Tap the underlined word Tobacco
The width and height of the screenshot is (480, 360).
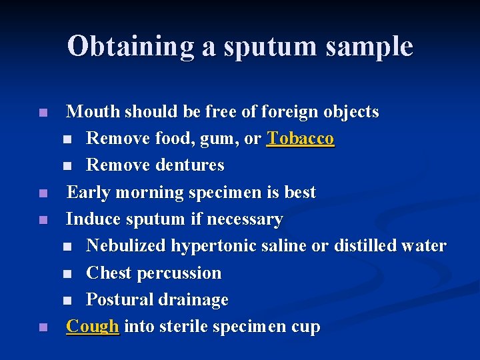tap(300, 139)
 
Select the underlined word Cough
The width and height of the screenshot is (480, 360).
tap(93, 327)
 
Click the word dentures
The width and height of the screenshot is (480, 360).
tap(189, 165)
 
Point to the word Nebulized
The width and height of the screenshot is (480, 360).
tap(126, 246)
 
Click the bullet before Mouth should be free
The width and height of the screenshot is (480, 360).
tap(43, 113)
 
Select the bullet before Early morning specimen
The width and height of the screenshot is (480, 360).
tap(43, 193)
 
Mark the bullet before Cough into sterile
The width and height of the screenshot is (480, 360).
tap(43, 327)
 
